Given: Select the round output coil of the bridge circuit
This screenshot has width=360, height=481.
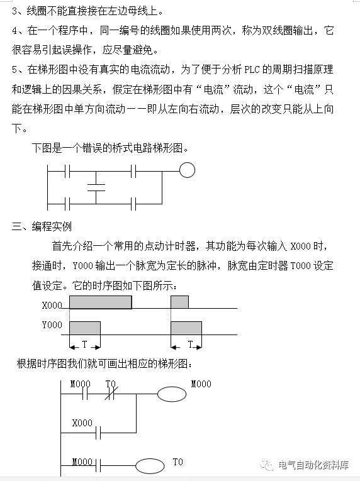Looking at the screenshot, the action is [187, 170].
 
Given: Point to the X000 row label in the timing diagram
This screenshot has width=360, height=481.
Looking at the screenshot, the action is [52, 306].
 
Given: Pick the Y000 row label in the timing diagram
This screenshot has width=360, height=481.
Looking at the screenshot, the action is [52, 325].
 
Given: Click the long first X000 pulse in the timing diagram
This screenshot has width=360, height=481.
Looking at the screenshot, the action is [100, 302].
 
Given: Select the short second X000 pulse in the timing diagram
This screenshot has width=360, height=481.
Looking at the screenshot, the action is [179, 302].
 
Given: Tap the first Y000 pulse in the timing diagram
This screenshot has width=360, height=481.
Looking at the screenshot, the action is [84, 328].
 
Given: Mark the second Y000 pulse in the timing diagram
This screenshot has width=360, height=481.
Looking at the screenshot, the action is [186, 328].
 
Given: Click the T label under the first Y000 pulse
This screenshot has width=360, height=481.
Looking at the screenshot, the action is [84, 345].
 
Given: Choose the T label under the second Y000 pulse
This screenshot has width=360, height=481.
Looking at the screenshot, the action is [190, 345].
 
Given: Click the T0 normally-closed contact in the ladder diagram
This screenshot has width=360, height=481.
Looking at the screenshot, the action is [111, 395].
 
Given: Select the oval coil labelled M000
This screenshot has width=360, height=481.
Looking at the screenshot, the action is [172, 394].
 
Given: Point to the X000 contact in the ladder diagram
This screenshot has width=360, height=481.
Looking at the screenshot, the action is [98, 433].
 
